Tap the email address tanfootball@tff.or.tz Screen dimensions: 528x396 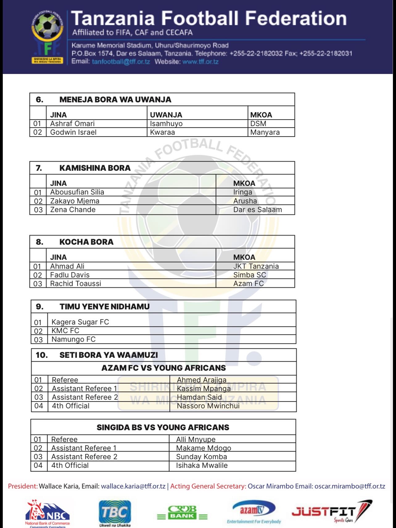point(121,62)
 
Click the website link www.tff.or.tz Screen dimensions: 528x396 point(200,62)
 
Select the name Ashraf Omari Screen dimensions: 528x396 point(72,124)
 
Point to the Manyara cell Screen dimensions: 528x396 point(265,132)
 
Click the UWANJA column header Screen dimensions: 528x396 point(166,115)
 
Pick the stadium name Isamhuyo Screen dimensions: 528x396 point(166,124)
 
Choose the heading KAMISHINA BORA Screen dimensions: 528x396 point(95,168)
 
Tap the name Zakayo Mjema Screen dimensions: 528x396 point(75,201)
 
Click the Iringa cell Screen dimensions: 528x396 point(242,192)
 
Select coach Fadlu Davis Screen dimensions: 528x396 point(70,275)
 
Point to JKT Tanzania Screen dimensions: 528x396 point(256,266)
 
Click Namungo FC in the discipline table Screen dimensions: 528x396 point(73,340)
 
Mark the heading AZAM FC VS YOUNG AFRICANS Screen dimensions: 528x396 point(163,368)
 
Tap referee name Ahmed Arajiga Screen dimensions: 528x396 point(201,380)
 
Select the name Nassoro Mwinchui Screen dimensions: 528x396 point(208,406)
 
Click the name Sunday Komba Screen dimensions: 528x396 point(201,457)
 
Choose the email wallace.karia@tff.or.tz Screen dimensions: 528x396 point(133,486)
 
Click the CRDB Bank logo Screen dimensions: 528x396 point(182,513)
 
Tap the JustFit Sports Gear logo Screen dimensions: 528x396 point(332,512)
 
